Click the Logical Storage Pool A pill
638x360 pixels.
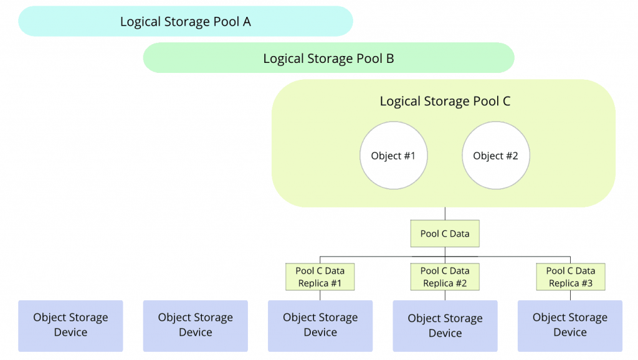click(186, 21)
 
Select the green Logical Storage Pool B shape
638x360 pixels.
click(329, 58)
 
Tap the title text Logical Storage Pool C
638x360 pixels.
click(445, 101)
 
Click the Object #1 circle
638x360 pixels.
click(394, 155)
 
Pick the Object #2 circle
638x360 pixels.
click(495, 155)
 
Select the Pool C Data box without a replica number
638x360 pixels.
click(445, 234)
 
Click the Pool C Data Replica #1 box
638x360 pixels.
click(320, 277)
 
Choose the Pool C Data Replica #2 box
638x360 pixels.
click(445, 277)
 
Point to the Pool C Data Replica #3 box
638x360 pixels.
click(571, 277)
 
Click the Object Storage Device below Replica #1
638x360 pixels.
click(320, 326)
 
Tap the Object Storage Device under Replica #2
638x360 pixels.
click(445, 326)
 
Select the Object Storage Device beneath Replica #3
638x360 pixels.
click(570, 326)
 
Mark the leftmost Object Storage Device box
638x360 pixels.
click(70, 326)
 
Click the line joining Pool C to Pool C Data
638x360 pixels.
click(445, 214)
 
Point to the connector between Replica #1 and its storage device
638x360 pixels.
click(320, 295)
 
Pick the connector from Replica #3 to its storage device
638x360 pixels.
click(571, 295)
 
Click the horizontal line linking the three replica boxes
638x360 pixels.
click(445, 257)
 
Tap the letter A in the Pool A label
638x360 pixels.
click(247, 22)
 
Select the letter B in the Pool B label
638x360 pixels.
click(390, 59)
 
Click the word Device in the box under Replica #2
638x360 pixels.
click(445, 333)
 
